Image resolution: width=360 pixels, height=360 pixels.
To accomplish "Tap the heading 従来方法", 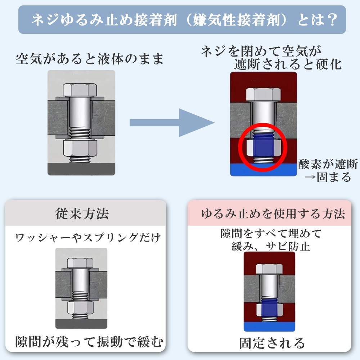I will [x=82, y=214].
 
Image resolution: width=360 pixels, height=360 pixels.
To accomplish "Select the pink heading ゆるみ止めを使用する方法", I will [x=272, y=214].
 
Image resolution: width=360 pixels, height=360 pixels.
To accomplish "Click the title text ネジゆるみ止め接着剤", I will [x=104, y=20].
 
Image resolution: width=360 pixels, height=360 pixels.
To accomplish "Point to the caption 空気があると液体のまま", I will [x=90, y=59].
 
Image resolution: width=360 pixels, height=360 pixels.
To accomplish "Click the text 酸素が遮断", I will [x=328, y=164].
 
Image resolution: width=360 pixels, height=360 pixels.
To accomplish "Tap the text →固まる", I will [x=327, y=177].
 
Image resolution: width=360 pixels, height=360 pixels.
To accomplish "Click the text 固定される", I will [x=272, y=342].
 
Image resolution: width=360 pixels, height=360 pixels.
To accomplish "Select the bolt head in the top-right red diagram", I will [x=263, y=94].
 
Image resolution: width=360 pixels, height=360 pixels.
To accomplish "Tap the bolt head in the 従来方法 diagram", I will [x=81, y=262].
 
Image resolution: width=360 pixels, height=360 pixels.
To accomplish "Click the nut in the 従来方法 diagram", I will [x=81, y=307].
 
